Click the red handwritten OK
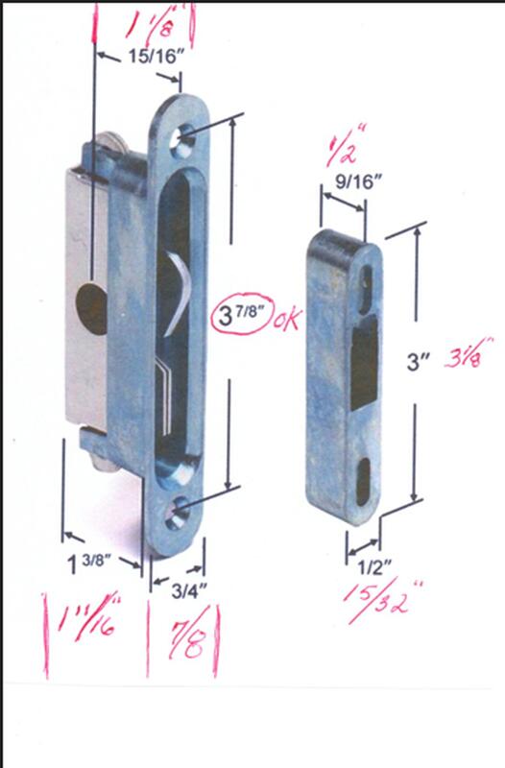point(287,320)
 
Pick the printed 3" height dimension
point(418,363)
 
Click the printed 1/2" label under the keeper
point(374,567)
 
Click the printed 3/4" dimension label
point(189,591)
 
